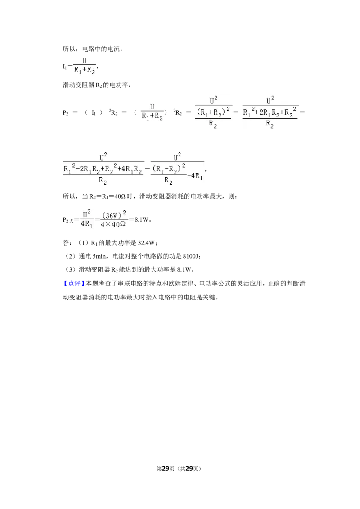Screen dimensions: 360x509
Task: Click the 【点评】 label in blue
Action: (x=74, y=283)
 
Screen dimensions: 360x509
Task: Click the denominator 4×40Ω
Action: (x=113, y=224)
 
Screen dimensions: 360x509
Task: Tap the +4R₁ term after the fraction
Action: (x=195, y=176)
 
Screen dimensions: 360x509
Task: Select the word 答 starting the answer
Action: (x=66, y=243)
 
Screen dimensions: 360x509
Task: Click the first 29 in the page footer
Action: (x=166, y=469)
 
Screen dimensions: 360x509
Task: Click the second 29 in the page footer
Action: (x=189, y=469)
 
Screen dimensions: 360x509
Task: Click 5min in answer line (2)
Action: (x=99, y=256)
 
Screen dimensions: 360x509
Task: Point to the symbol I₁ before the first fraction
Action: (x=65, y=67)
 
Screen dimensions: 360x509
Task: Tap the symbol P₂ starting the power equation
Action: (x=65, y=113)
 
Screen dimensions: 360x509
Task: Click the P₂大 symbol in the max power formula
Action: (x=68, y=220)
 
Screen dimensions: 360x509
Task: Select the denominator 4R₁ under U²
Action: (x=86, y=224)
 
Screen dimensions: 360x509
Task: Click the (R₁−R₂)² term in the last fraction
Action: (x=169, y=169)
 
